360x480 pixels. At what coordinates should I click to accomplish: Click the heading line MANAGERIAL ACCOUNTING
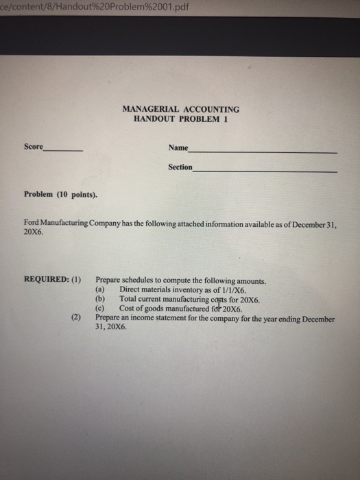(x=180, y=108)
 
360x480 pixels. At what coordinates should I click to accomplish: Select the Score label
(x=33, y=147)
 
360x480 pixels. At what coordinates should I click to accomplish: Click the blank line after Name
(x=264, y=151)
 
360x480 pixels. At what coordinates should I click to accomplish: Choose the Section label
(x=180, y=167)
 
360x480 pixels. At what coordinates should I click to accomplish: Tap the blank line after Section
(x=265, y=171)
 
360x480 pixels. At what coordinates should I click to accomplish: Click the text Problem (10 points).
(x=60, y=194)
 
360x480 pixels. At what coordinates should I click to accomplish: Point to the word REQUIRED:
(x=46, y=280)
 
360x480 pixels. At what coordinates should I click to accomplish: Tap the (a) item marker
(x=100, y=289)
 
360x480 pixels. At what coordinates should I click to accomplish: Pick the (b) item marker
(x=100, y=299)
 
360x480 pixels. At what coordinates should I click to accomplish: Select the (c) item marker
(x=100, y=309)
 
